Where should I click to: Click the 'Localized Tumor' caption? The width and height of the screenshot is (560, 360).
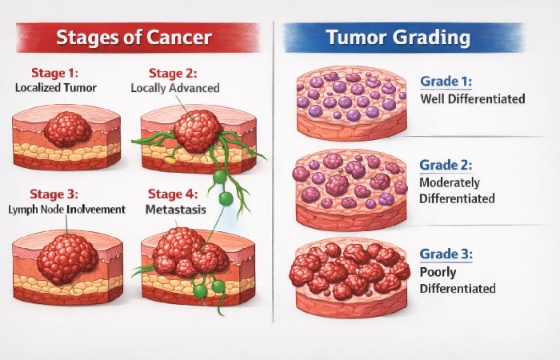coord(57,87)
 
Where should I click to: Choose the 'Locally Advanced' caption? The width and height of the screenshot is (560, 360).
coord(174,87)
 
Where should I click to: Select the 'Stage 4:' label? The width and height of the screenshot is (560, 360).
coord(172,194)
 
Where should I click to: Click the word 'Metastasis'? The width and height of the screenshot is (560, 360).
coord(176,209)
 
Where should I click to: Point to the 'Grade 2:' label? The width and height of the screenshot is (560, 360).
coord(446,166)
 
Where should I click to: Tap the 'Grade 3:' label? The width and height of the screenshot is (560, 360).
coord(446,255)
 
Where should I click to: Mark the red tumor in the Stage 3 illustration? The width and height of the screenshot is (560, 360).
coord(67,258)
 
